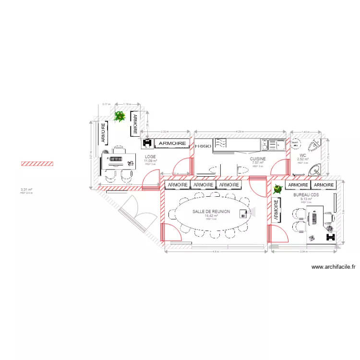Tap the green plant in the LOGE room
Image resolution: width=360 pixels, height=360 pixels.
[x=120, y=116]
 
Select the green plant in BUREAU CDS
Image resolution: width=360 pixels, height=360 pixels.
[x=277, y=191]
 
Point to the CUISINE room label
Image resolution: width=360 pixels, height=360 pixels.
[x=258, y=158]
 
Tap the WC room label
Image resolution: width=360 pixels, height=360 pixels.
[x=303, y=156]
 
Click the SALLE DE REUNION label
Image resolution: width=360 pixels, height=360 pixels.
[x=211, y=211]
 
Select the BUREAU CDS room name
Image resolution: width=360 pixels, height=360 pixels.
[x=306, y=194]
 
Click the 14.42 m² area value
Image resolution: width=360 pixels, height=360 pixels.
[x=211, y=216]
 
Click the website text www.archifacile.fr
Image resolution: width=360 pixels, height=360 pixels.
[x=333, y=267]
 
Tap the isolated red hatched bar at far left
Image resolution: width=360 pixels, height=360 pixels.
[x=37, y=164]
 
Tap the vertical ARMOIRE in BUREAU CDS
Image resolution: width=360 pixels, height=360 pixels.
[x=277, y=210]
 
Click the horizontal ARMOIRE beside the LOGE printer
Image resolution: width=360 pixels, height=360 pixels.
[x=172, y=143]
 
